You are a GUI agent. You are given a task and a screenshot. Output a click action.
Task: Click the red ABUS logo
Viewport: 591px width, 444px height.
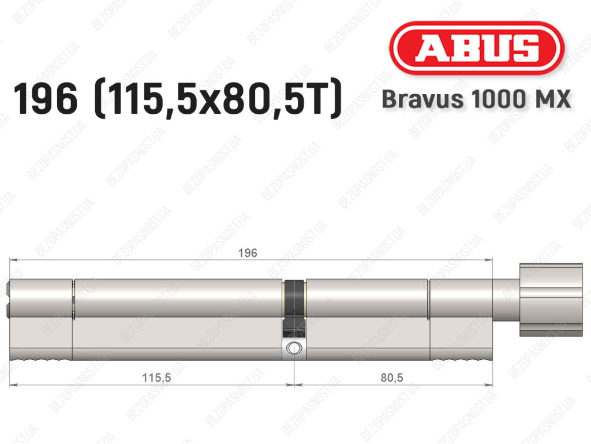(476, 48)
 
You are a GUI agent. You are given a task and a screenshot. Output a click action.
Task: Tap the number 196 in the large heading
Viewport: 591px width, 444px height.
(45, 99)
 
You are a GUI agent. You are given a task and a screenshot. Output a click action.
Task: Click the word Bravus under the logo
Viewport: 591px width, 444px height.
(422, 99)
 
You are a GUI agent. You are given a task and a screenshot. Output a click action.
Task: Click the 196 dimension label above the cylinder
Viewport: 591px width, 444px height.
(248, 253)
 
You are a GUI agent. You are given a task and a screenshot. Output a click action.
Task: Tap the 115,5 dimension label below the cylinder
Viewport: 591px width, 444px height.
(156, 377)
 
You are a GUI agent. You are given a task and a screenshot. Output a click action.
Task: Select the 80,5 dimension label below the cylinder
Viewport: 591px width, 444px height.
(392, 377)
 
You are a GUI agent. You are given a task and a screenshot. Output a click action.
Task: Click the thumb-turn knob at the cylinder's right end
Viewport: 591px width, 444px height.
(551, 300)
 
